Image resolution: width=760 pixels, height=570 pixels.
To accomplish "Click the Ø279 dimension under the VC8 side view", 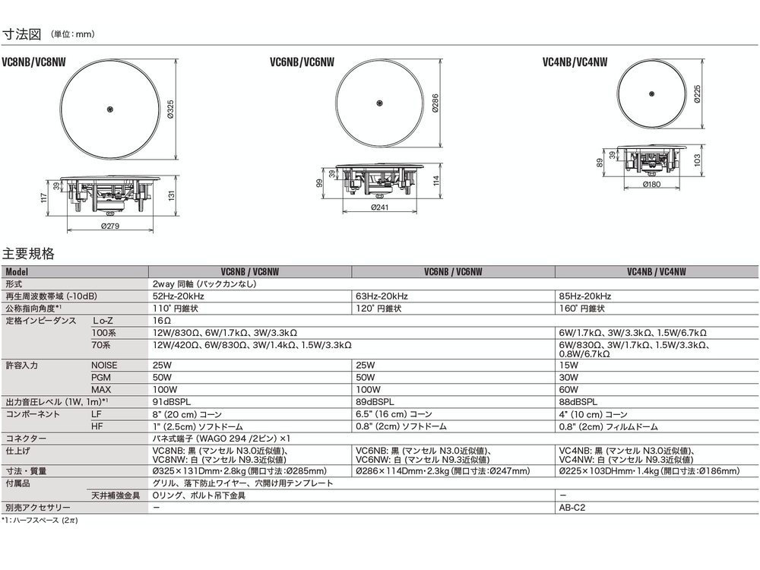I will point(112,225).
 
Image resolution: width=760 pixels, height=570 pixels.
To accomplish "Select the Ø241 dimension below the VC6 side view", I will point(381,207).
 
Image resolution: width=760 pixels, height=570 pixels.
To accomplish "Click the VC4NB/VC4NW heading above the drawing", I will point(576,65).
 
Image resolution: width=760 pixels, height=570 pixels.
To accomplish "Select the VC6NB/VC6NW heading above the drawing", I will point(302,65).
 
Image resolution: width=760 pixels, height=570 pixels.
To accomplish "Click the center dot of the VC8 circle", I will point(111,109).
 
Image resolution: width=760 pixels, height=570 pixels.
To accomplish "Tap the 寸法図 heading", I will point(23,35).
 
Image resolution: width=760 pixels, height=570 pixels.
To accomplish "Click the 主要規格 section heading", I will point(29,253).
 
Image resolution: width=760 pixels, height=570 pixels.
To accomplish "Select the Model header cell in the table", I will point(18,271).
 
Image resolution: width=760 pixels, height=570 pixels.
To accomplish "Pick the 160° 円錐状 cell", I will point(582,309).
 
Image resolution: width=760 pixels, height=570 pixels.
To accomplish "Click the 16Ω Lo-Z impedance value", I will point(161,321).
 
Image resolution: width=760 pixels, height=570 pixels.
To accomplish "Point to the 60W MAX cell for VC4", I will point(568,389).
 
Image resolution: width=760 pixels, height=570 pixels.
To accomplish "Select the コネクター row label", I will point(26,439).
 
